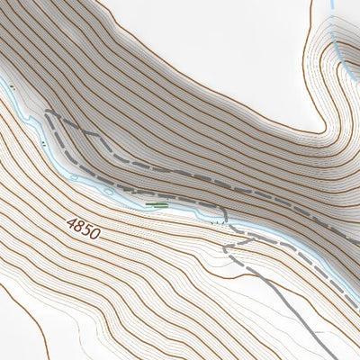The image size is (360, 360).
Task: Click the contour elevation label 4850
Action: click(83, 226)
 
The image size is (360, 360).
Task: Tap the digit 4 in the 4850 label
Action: click(71, 220)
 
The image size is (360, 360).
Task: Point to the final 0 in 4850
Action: click(94, 233)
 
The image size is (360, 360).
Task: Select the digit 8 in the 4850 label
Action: click(78, 224)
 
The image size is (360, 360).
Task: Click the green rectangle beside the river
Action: click(157, 205)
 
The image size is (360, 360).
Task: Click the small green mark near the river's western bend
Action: click(41, 142)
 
